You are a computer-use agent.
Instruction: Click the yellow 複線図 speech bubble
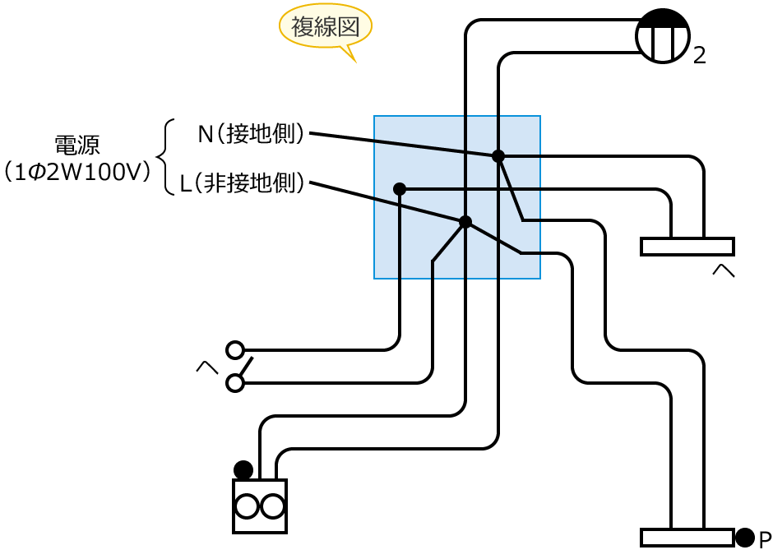[x=326, y=27]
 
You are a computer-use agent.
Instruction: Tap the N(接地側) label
[x=252, y=133]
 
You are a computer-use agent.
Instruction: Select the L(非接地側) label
[x=243, y=182]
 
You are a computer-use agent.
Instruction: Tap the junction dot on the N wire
[x=498, y=156]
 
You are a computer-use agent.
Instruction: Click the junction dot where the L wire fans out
[x=465, y=222]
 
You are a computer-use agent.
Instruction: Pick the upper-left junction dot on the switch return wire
[x=400, y=189]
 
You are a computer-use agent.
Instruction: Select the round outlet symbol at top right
[x=663, y=36]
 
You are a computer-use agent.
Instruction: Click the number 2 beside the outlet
[x=700, y=56]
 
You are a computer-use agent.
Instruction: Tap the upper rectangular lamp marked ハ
[x=687, y=247]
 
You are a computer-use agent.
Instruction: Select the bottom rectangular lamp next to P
[x=687, y=538]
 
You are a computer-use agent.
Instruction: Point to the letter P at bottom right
[x=765, y=540]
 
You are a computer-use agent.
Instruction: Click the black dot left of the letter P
[x=744, y=538]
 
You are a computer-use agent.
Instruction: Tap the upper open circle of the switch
[x=235, y=350]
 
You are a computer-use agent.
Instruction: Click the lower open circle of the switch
[x=235, y=383]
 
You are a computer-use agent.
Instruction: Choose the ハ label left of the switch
[x=206, y=367]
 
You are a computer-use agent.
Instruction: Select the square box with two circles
[x=260, y=506]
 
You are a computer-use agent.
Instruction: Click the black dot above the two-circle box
[x=243, y=469]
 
